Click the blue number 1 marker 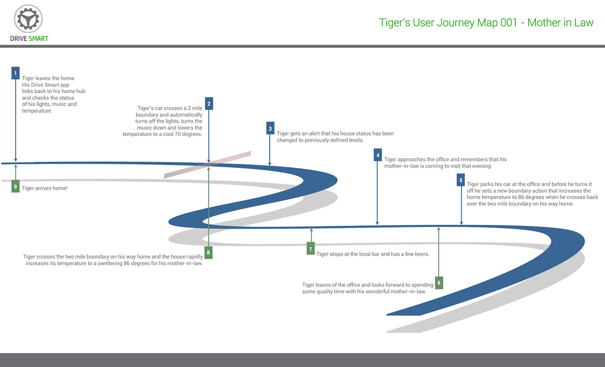(x=16, y=73)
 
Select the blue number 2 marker (x=209, y=103)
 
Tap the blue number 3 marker (x=270, y=128)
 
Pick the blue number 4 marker (x=378, y=155)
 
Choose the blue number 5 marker (x=461, y=180)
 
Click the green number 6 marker (x=439, y=282)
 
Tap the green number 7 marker (x=311, y=249)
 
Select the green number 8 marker (x=209, y=252)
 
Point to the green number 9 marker (x=15, y=187)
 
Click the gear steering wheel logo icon (x=28, y=18)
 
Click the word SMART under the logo (x=38, y=39)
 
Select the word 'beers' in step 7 (x=422, y=254)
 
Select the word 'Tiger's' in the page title (x=394, y=23)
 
